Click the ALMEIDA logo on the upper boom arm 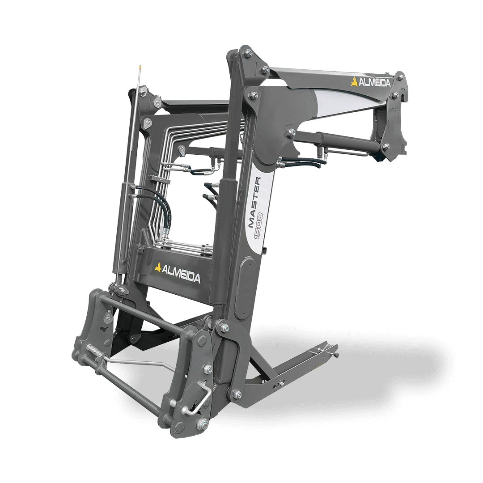pos(370,82)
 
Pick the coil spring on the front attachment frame pos(96,352)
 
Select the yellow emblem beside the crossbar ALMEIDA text pos(158,267)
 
